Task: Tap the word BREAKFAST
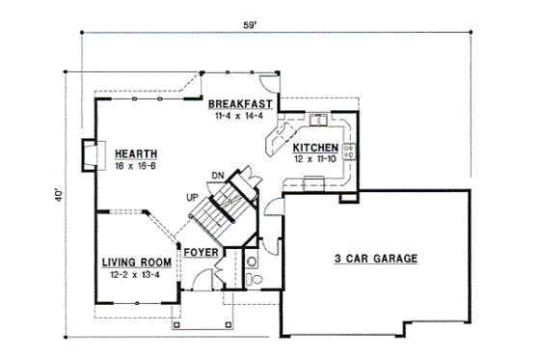pos(242,103)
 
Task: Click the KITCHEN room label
pos(315,148)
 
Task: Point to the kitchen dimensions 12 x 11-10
pos(315,158)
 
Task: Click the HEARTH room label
pos(135,154)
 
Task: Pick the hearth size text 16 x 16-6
pos(135,166)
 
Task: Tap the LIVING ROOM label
pos(137,262)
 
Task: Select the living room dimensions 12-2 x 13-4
pos(137,273)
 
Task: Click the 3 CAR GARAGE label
pos(376,259)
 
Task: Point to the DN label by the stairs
pos(219,175)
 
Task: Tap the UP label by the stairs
pos(193,198)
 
